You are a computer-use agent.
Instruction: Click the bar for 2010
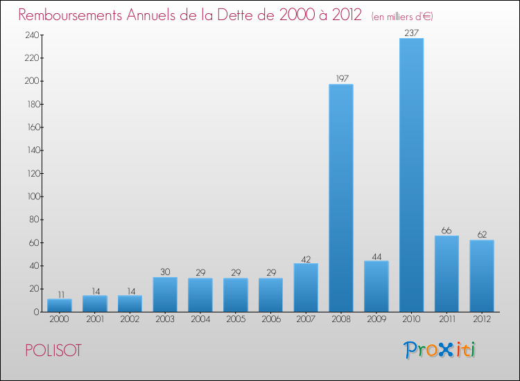(x=411, y=175)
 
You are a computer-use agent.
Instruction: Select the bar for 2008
(x=341, y=197)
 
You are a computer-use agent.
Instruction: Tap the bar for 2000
(x=60, y=305)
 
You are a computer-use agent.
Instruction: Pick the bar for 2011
(x=447, y=274)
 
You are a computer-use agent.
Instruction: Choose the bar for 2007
(x=306, y=287)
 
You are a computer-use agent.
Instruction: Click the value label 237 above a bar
(x=411, y=32)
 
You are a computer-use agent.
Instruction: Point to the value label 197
(x=341, y=78)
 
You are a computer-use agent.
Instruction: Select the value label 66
(x=447, y=230)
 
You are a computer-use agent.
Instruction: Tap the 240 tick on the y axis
(x=31, y=35)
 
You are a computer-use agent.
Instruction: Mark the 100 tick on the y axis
(x=31, y=197)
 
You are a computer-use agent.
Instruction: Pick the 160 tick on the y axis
(x=31, y=127)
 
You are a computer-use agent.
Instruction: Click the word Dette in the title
(x=232, y=15)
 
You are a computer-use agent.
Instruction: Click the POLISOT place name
(x=53, y=351)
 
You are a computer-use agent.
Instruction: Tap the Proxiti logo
(x=440, y=350)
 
